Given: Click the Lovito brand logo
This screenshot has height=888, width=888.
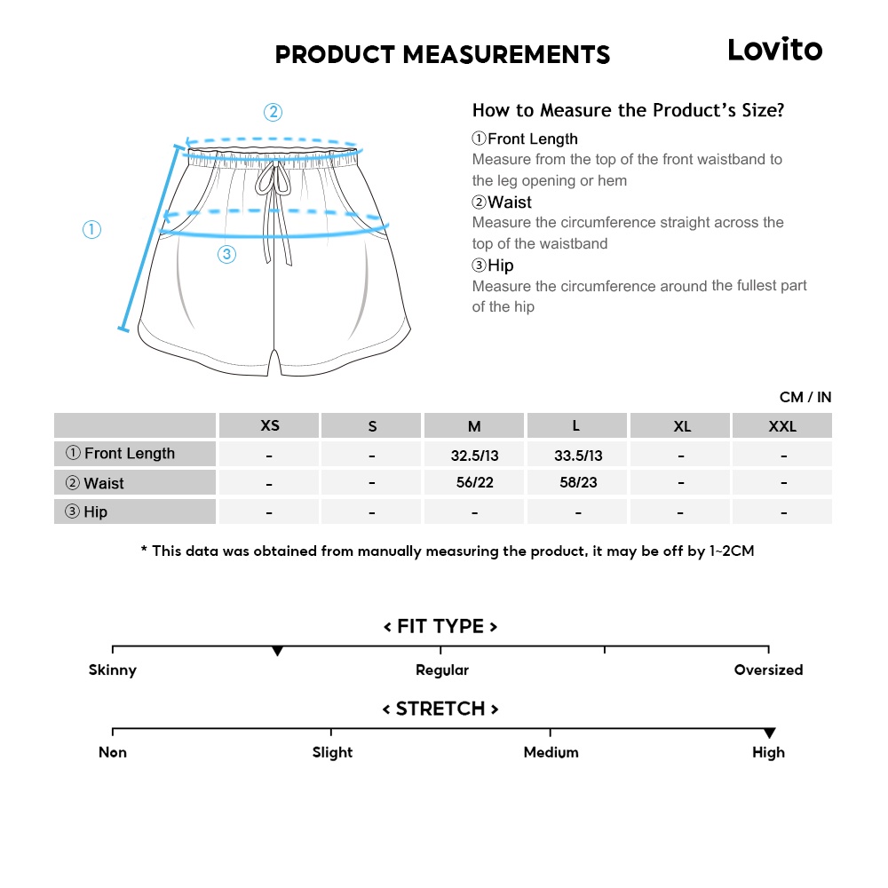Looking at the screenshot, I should [x=774, y=50].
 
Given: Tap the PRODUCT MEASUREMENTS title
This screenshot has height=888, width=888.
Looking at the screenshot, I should [x=442, y=55].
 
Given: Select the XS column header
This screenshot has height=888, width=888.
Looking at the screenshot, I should [x=270, y=425].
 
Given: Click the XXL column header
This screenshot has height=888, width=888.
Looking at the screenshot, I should [x=782, y=426].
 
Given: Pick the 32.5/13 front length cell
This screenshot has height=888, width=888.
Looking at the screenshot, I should [x=475, y=456].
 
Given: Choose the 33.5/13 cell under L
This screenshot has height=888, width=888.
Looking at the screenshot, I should [x=578, y=456].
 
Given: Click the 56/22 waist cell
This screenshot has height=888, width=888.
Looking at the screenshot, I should [x=475, y=483].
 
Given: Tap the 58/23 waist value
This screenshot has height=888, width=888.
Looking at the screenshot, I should [x=578, y=483].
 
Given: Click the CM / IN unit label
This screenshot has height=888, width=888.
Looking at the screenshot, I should [x=805, y=397].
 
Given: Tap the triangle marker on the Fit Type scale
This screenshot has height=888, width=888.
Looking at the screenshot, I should [x=277, y=652].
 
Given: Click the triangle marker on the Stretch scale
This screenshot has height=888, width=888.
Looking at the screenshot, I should [x=769, y=733].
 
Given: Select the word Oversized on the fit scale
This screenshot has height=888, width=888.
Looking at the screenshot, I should [x=768, y=670].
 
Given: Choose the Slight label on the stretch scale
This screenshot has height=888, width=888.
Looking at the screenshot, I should [x=332, y=752].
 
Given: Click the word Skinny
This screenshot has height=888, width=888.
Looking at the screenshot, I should [x=113, y=670].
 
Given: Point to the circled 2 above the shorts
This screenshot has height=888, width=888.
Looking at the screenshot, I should [x=273, y=113].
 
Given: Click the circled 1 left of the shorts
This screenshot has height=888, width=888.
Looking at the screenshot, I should [x=91, y=230].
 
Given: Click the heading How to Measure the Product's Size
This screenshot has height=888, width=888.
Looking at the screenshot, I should [x=628, y=110].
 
